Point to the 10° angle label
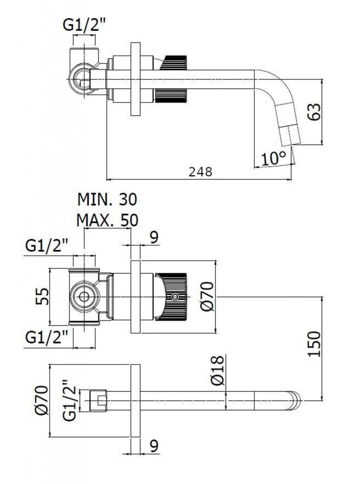coord(274,158)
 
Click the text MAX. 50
coord(107,220)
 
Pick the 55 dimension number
coord(43,297)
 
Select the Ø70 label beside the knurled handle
coord(207,297)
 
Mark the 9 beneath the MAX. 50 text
coord(154,238)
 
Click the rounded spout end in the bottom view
coord(296,400)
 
